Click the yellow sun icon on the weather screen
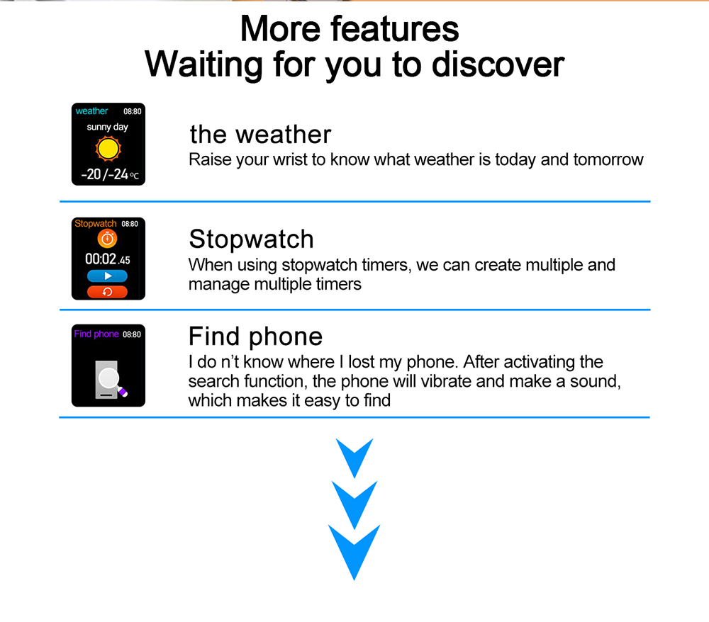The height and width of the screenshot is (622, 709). pyautogui.click(x=108, y=149)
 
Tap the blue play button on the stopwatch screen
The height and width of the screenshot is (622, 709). pyautogui.click(x=107, y=276)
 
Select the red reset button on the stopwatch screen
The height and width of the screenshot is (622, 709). pyautogui.click(x=107, y=292)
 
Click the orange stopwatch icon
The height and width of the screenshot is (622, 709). pyautogui.click(x=107, y=238)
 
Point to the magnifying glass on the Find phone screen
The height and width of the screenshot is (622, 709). pyautogui.click(x=111, y=380)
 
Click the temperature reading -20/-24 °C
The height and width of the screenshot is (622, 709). pyautogui.click(x=110, y=174)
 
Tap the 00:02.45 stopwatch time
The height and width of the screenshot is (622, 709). pyautogui.click(x=108, y=259)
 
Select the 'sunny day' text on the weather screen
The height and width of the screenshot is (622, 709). pyautogui.click(x=108, y=127)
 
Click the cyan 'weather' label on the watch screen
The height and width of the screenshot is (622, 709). pyautogui.click(x=91, y=111)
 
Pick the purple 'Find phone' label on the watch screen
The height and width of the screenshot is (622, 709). pyautogui.click(x=96, y=334)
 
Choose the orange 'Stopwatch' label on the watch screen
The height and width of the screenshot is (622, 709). pyautogui.click(x=96, y=224)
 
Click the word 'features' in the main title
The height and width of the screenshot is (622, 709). pyautogui.click(x=395, y=29)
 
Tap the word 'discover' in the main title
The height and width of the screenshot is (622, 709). pyautogui.click(x=498, y=64)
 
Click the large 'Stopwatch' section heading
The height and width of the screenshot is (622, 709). pyautogui.click(x=252, y=239)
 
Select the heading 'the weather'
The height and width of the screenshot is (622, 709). pyautogui.click(x=260, y=135)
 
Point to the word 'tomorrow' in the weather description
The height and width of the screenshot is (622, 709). pyautogui.click(x=608, y=159)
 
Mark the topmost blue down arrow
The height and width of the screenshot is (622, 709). pyautogui.click(x=354, y=458)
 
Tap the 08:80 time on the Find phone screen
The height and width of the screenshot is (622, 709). pyautogui.click(x=132, y=334)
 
